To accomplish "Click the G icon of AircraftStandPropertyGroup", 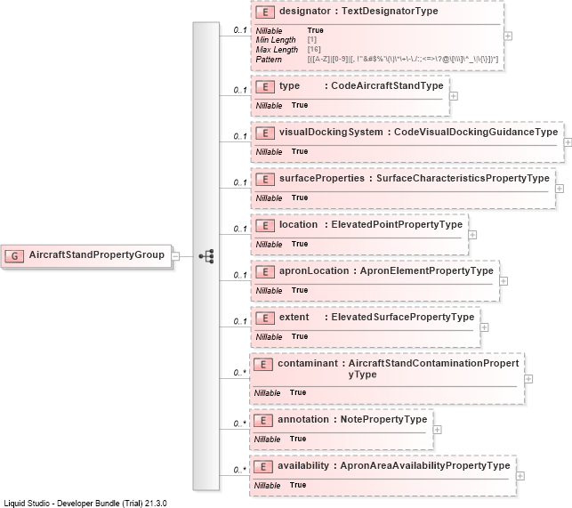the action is [x=14, y=256].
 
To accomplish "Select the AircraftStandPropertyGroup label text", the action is [x=97, y=254].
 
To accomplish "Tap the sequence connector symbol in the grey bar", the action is [x=206, y=256].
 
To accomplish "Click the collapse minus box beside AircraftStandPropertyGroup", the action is [x=175, y=256].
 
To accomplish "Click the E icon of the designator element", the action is [x=265, y=12].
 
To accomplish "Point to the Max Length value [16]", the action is [x=314, y=49].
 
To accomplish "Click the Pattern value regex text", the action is [x=403, y=59].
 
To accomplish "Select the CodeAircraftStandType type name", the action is [x=387, y=85].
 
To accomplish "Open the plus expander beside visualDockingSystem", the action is [x=568, y=142].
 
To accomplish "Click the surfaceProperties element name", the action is [x=322, y=178].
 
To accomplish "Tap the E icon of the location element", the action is [x=265, y=226].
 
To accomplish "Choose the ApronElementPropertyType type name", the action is [x=426, y=270].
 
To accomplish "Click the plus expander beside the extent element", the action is [x=484, y=327].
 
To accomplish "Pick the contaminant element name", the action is [x=308, y=363].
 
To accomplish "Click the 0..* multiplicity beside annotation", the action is [x=240, y=423].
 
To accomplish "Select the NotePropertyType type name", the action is [x=383, y=419].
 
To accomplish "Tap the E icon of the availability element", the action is [x=263, y=467].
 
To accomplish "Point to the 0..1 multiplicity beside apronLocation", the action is [x=240, y=275].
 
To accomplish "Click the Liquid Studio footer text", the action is [x=85, y=504].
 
